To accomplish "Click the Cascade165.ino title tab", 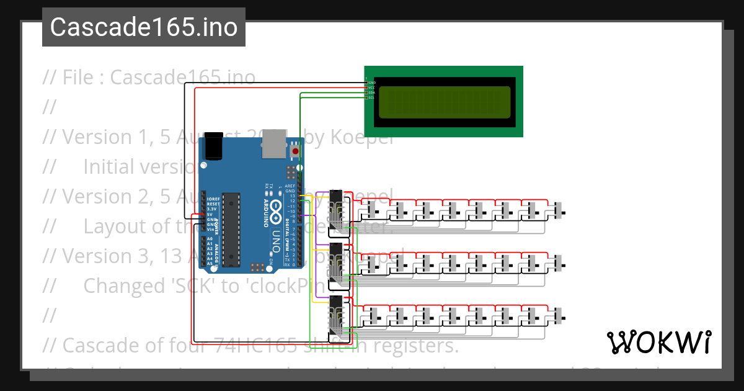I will (x=144, y=27).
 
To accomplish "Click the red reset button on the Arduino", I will (x=295, y=151).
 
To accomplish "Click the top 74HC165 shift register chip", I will (x=337, y=211).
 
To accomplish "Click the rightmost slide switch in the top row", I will (x=560, y=211).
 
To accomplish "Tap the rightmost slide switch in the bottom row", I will (x=560, y=317).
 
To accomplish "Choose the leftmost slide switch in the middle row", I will (x=371, y=264).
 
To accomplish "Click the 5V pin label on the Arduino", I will (x=210, y=214).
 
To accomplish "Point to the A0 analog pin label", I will (x=210, y=239).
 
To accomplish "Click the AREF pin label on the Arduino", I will (x=290, y=185).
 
